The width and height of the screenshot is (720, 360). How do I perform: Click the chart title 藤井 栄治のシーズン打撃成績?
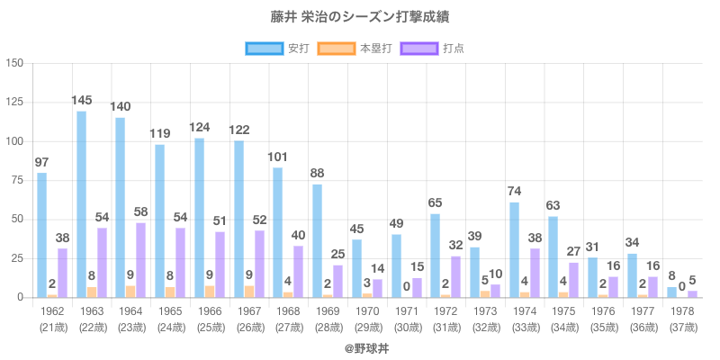pos(360,17)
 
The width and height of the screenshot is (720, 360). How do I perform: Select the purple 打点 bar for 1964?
pos(140,260)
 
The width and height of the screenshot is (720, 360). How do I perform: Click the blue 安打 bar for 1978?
pos(671,292)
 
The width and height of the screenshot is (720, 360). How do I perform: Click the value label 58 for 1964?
pos(141,211)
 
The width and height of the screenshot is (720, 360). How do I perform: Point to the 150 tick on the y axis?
pos(15,63)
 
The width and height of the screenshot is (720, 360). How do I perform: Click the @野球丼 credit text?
pos(360,346)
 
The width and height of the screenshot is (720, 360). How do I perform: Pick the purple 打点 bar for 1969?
pos(337,281)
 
